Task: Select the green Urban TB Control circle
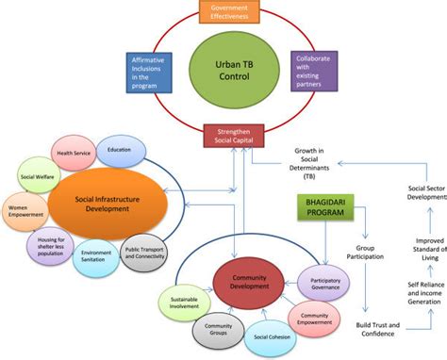pyautogui.click(x=223, y=69)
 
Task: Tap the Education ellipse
pyautogui.click(x=120, y=149)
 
